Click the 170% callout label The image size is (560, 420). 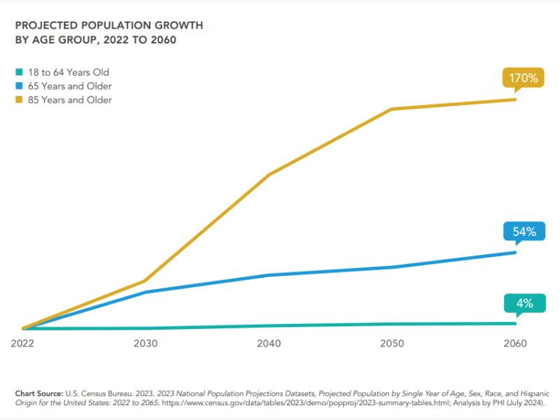[x=523, y=78]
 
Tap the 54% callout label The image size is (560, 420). [x=523, y=232]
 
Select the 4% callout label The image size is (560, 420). [x=524, y=303]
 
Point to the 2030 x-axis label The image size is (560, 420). [x=146, y=344]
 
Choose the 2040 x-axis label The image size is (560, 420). [x=269, y=344]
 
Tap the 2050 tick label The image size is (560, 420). [x=392, y=344]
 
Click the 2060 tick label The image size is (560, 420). [x=515, y=344]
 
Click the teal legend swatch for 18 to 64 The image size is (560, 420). [x=19, y=72]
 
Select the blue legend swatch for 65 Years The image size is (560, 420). [x=19, y=86]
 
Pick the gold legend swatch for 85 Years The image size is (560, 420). [x=19, y=100]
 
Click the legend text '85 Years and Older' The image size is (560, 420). [x=69, y=100]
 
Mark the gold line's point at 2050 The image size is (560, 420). [x=392, y=109]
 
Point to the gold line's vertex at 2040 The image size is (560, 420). [x=269, y=174]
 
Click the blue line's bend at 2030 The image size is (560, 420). [x=146, y=292]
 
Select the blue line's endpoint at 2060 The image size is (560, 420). [x=515, y=253]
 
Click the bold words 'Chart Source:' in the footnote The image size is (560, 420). [x=38, y=394]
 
